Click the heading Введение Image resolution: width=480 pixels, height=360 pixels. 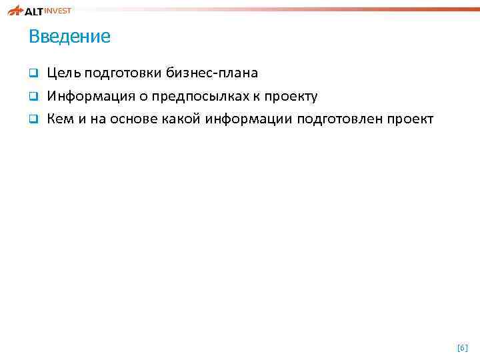coord(69,37)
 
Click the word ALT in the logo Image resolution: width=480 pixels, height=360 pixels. coord(35,11)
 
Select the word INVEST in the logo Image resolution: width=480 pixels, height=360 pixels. coord(59,10)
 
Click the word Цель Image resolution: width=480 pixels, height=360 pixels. coord(64,73)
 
